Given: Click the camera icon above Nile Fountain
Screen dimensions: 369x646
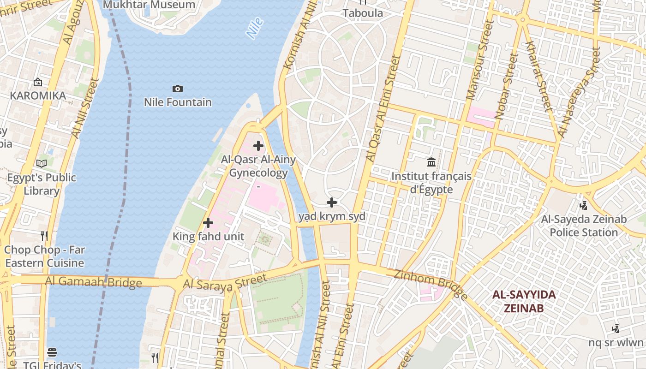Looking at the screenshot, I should tap(177, 89).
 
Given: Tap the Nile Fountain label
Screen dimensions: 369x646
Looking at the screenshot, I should tap(178, 102).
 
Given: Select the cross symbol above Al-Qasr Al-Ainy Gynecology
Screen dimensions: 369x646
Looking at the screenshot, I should tap(258, 146).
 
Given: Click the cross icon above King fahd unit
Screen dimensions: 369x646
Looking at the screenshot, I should tap(208, 223).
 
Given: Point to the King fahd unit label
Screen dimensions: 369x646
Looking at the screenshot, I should tap(208, 237).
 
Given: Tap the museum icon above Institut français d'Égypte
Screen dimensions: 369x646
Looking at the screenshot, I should tap(431, 162).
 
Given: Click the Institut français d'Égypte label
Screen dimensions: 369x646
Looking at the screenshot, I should tap(431, 183).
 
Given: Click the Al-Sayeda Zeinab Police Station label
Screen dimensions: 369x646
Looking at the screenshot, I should tap(584, 226).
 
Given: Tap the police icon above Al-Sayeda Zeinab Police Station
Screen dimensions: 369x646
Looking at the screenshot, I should tap(584, 205).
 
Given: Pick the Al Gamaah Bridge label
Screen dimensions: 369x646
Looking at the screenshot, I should tap(93, 282).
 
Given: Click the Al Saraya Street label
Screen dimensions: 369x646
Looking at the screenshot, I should tap(225, 282).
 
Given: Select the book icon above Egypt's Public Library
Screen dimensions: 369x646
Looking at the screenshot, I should tap(42, 163).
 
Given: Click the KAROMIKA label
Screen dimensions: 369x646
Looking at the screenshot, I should tap(38, 95).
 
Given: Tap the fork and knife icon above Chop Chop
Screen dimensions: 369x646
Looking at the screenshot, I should tap(44, 236).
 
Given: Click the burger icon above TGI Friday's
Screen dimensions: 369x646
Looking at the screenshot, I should tap(52, 352).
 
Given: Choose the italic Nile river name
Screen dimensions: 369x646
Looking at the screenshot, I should tap(255, 28).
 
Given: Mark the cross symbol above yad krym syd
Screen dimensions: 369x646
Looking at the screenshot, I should tap(331, 202).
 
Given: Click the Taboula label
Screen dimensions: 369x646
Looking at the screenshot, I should tap(363, 13).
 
